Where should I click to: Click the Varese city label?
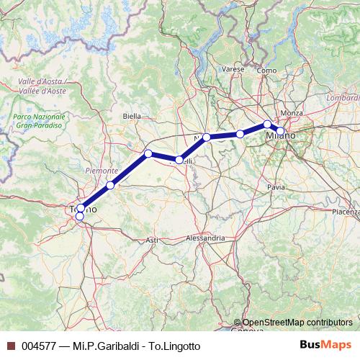(x=233, y=70)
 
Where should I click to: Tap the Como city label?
(x=266, y=70)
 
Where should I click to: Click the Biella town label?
(x=132, y=115)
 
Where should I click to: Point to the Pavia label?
(x=276, y=186)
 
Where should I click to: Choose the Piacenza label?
(x=346, y=212)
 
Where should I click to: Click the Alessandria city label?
(x=205, y=237)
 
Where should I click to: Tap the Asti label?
(x=152, y=239)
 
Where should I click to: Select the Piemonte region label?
(x=102, y=171)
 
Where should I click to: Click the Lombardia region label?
(x=342, y=96)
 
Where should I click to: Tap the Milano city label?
(x=279, y=136)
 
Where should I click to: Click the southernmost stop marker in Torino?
(x=79, y=216)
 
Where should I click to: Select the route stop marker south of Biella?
(x=148, y=153)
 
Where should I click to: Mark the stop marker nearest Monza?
(x=267, y=124)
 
